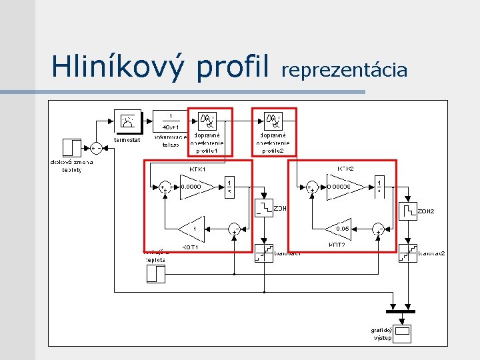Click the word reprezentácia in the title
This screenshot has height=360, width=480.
(345, 69)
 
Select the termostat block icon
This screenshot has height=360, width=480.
(127, 121)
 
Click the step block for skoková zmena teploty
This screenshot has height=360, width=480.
(71, 147)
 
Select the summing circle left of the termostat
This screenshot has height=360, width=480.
(96, 148)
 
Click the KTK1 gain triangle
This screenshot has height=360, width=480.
(197, 187)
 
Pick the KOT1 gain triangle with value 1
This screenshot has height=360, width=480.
(192, 229)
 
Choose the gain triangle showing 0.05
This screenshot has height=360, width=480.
(339, 229)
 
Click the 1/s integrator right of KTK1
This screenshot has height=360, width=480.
(229, 186)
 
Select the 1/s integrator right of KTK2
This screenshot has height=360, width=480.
(379, 186)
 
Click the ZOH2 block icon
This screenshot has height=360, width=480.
(407, 211)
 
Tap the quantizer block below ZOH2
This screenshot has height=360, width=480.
(407, 253)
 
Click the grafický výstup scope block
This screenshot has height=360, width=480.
(403, 332)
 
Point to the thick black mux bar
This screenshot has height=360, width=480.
(401, 311)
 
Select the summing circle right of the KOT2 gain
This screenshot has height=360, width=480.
(379, 229)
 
